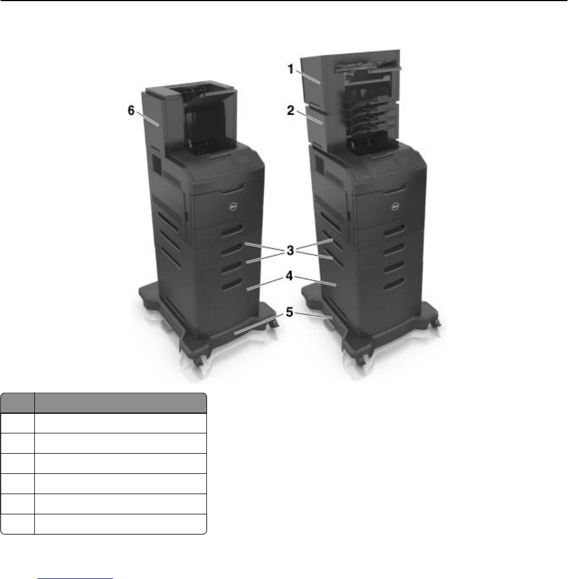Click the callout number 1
pyautogui.click(x=291, y=69)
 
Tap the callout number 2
pyautogui.click(x=291, y=110)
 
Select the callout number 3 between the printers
pyautogui.click(x=290, y=250)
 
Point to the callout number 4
pyautogui.click(x=289, y=276)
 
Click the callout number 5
pyautogui.click(x=290, y=313)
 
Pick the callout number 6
pyautogui.click(x=131, y=110)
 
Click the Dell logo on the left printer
pyautogui.click(x=233, y=207)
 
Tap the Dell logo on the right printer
pyautogui.click(x=395, y=207)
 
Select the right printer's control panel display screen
pyautogui.click(x=385, y=168)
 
